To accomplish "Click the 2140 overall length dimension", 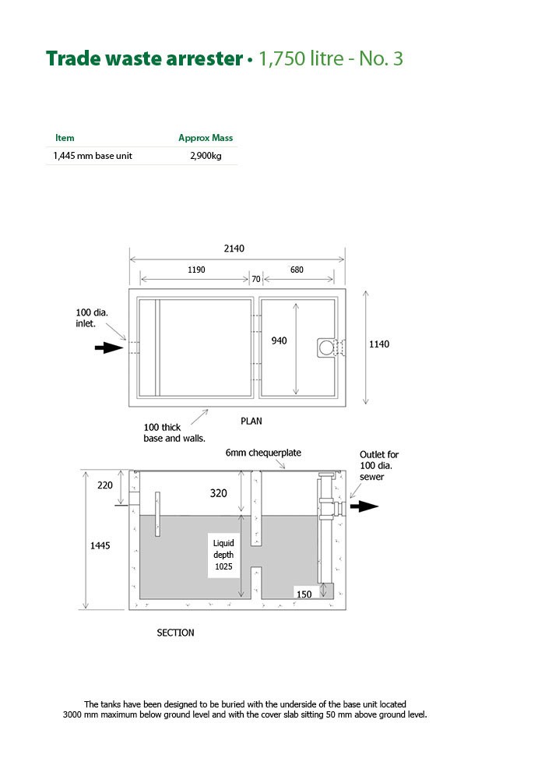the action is [x=234, y=249].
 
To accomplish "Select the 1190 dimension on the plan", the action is [x=196, y=270].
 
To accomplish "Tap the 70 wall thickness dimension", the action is [x=255, y=279].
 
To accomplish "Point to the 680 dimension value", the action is [x=297, y=270].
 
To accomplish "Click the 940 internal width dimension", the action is [x=279, y=340].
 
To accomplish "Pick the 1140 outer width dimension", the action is [x=379, y=344].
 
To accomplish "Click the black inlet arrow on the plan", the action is [x=109, y=348].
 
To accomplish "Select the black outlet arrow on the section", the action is [x=364, y=506].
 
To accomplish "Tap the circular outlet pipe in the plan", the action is [x=326, y=348].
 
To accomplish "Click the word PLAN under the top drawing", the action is [x=251, y=422].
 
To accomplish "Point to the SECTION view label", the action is [x=176, y=633].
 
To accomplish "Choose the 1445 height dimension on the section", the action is [x=100, y=545].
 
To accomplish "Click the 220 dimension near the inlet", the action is [x=105, y=485].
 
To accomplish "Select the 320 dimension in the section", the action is [x=219, y=493].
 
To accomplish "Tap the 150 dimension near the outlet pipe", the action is [x=304, y=594].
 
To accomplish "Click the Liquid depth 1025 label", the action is [x=223, y=555].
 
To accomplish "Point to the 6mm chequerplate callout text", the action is [x=263, y=453].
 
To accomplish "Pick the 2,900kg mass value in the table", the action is [x=206, y=156].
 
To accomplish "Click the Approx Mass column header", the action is [x=206, y=138].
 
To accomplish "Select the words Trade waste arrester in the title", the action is [x=145, y=58].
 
